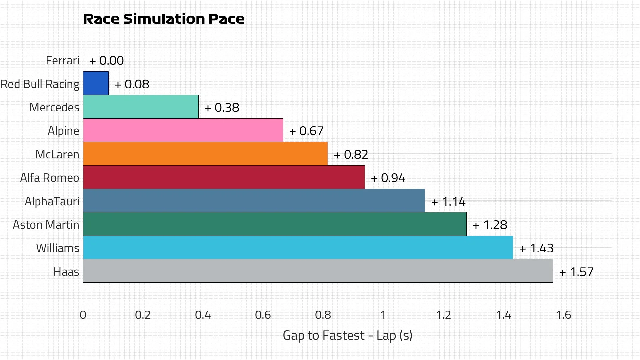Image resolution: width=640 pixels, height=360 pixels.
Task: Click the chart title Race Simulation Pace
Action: pos(163,19)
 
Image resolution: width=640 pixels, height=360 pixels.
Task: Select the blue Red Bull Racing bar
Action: pos(96,83)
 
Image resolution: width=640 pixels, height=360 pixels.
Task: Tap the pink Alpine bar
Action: pos(183,130)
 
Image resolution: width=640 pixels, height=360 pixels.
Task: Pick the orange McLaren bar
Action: pos(205,154)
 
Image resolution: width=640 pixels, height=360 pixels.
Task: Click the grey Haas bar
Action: pos(318,271)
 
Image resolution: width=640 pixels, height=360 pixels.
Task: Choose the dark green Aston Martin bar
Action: pos(275,224)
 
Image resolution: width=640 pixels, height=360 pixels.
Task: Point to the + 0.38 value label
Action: pos(222,108)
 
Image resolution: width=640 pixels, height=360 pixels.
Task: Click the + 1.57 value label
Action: pos(576,272)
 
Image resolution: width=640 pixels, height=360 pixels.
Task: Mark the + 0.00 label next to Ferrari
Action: pos(107,61)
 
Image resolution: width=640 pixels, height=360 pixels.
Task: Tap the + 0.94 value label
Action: pos(388,178)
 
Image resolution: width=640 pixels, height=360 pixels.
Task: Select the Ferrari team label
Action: pos(62,61)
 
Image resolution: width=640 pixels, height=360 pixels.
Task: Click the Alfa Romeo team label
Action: pos(50,178)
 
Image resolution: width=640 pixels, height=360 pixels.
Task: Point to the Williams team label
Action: pos(58,248)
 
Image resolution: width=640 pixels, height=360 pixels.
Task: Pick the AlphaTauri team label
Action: pos(52,201)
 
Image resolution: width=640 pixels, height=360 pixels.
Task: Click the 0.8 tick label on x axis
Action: pos(323,315)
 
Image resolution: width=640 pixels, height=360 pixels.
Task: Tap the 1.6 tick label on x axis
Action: pos(563,315)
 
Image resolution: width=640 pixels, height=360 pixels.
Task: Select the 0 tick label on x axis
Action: pos(83,315)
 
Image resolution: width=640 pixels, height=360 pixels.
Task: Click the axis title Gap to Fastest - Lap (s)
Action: pos(347,335)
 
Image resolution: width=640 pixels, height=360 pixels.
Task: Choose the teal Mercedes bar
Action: pos(141,107)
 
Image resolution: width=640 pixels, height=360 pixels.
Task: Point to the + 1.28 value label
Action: pos(490,225)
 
